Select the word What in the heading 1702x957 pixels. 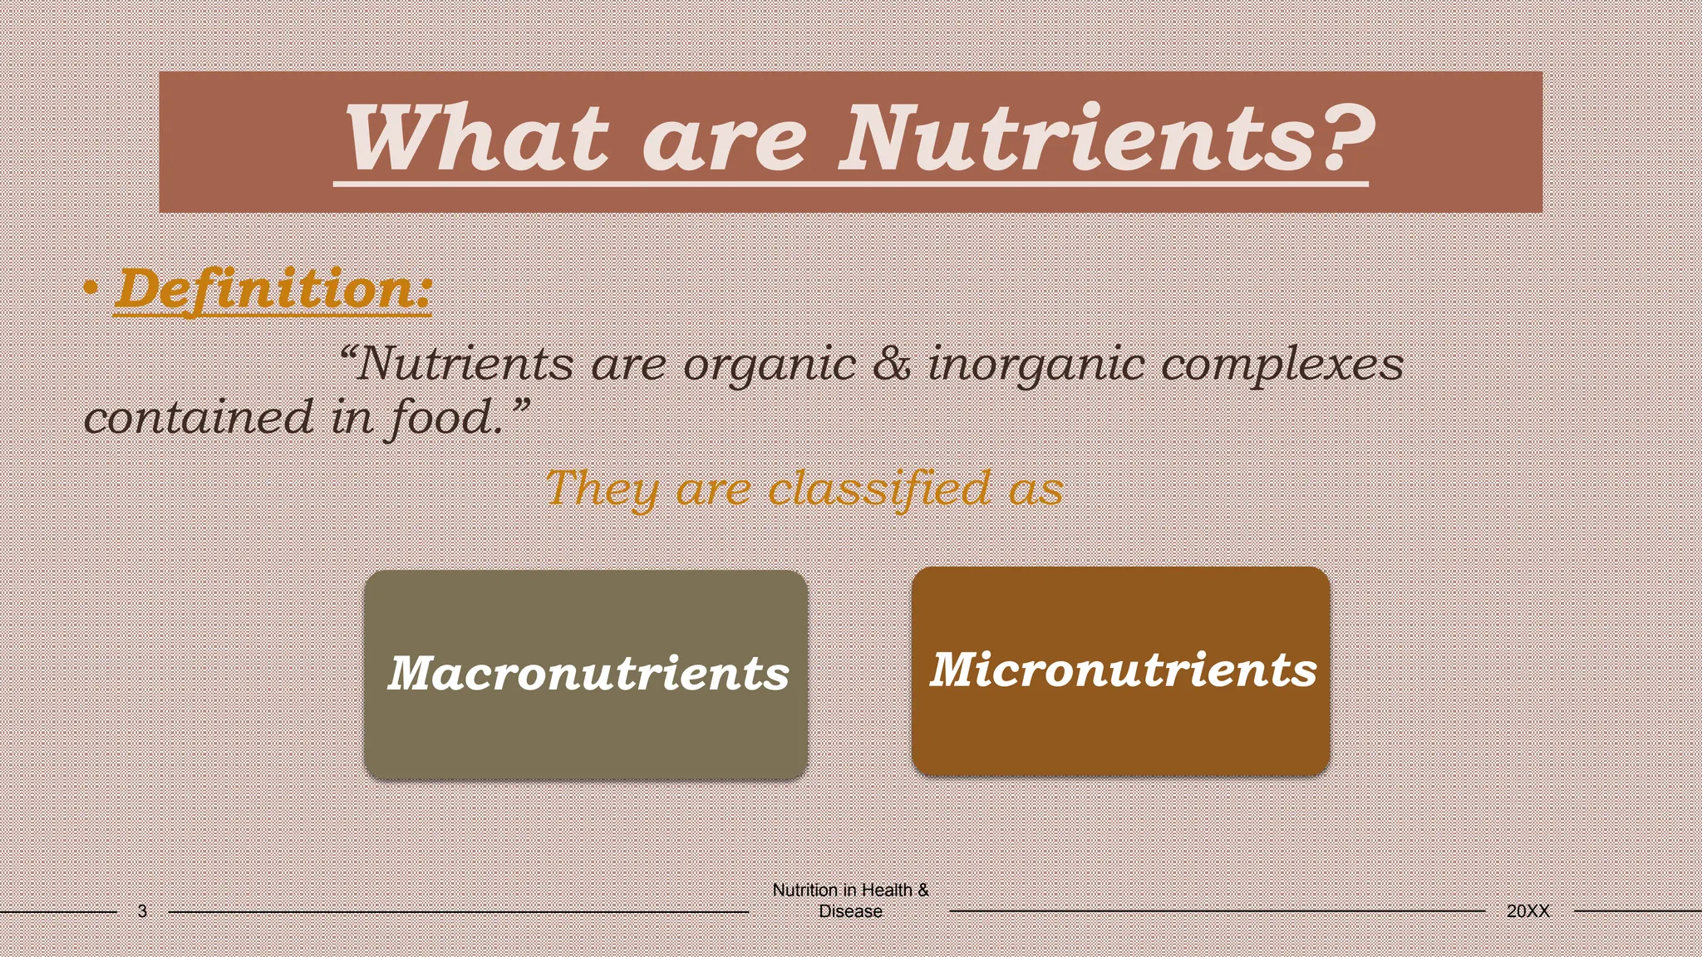pos(477,138)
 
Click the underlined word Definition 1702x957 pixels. pos(273,290)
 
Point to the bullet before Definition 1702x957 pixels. pos(92,291)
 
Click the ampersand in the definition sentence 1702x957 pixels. pos(892,365)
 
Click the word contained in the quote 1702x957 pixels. pos(199,417)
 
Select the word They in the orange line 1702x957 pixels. pos(602,488)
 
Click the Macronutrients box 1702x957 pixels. pos(586,674)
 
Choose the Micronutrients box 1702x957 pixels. pos(1121,670)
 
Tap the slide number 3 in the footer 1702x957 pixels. pos(142,911)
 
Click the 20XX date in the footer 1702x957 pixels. pos(1527,911)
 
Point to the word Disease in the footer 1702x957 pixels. pos(850,911)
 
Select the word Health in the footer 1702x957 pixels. pos(886,890)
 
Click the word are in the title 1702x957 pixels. pos(724,138)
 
